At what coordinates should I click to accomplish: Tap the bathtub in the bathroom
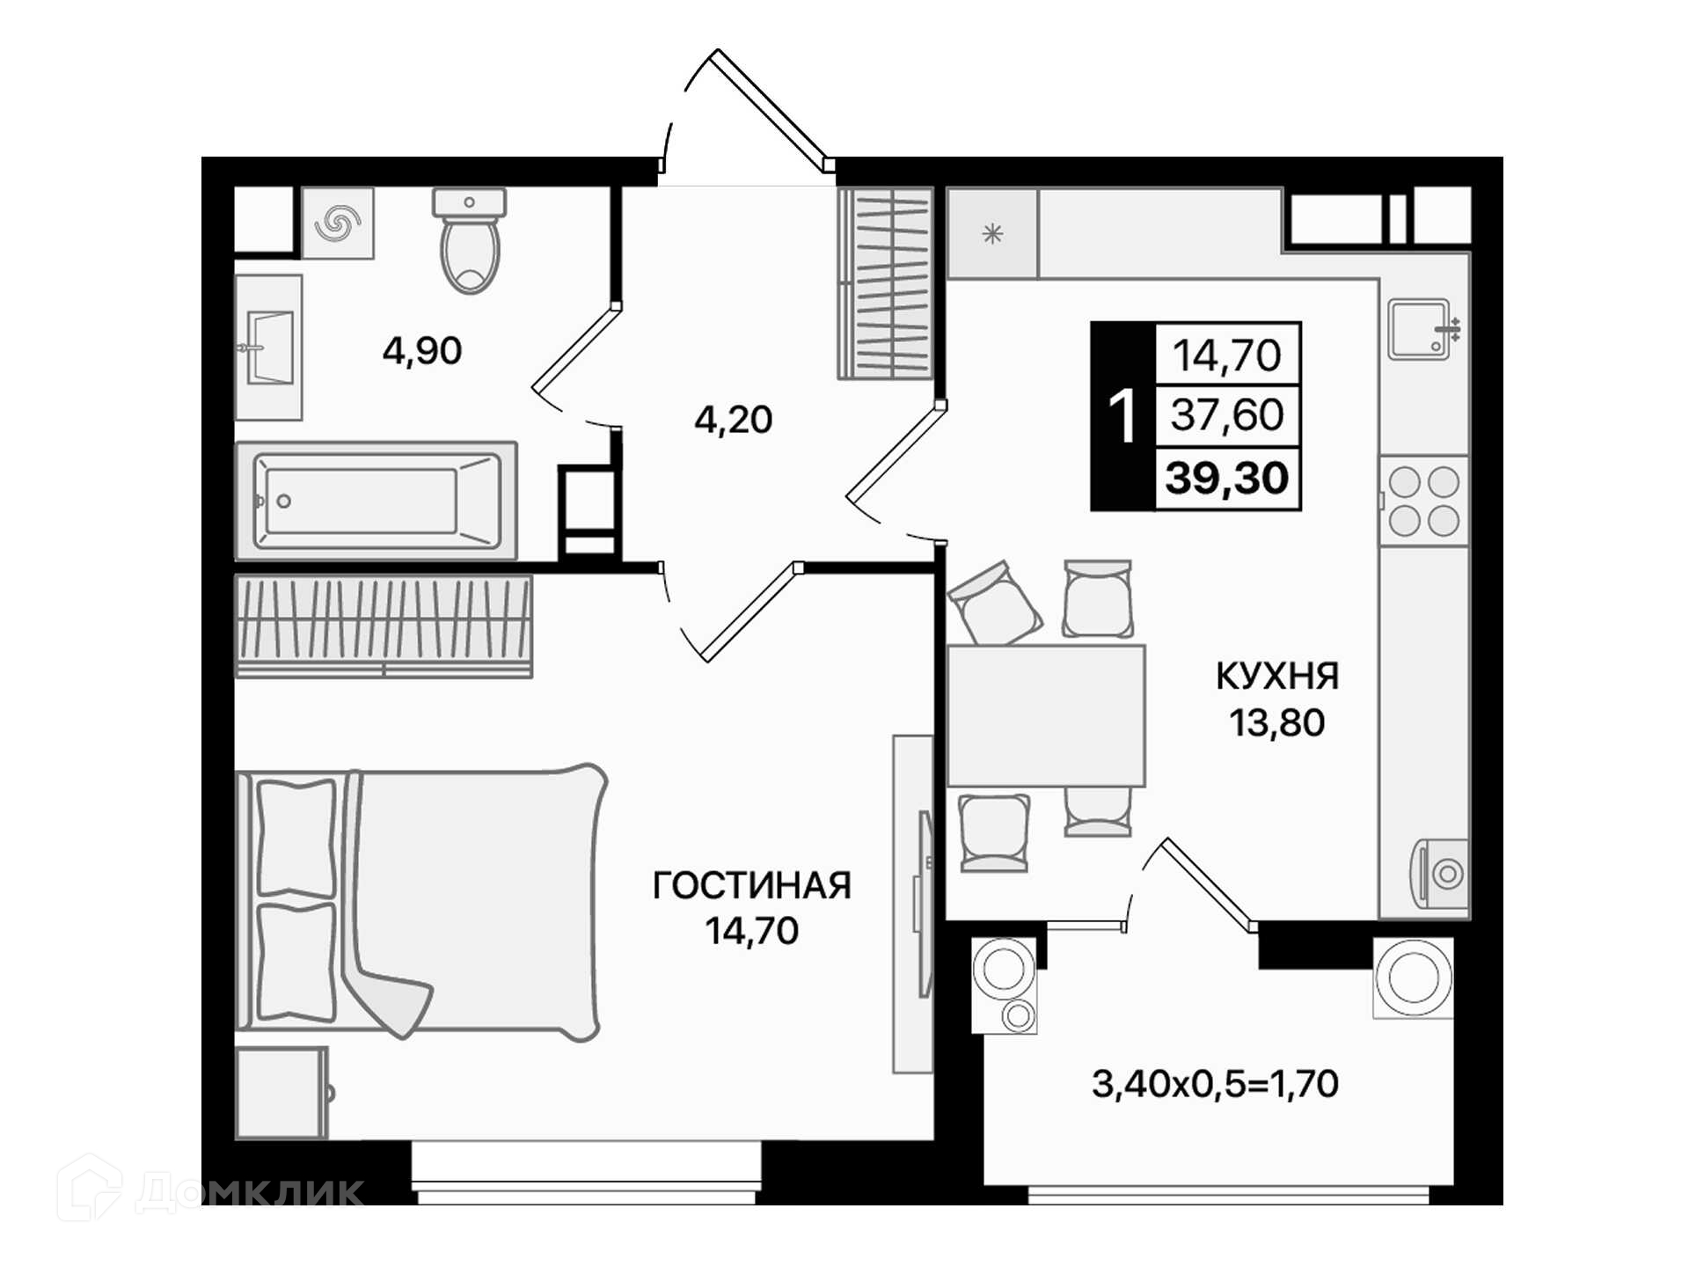[x=376, y=501]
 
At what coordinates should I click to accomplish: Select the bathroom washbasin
[x=268, y=348]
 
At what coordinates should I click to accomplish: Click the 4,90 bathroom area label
[x=422, y=351]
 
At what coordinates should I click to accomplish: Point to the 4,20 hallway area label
[x=734, y=420]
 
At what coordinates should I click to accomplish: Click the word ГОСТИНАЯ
[x=752, y=886]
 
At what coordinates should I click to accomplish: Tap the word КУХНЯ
[x=1277, y=677]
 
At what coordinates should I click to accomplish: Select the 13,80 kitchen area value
[x=1277, y=722]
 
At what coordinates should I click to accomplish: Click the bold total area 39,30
[x=1227, y=478]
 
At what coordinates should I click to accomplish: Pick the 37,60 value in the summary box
[x=1227, y=414]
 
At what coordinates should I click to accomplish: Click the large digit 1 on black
[x=1122, y=416]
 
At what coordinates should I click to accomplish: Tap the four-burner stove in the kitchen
[x=1424, y=502]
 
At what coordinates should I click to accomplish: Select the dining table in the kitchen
[x=1046, y=715]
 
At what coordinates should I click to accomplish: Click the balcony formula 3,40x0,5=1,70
[x=1215, y=1084]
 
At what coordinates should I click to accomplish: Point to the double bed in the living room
[x=420, y=901]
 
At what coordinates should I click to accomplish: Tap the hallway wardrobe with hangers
[x=885, y=283]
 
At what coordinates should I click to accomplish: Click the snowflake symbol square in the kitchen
[x=992, y=234]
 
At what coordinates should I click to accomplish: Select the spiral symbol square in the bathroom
[x=338, y=223]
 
